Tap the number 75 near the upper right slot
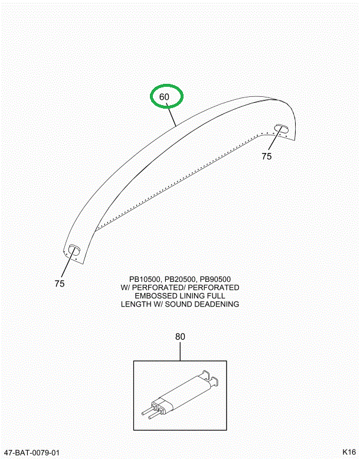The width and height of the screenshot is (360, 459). pyautogui.click(x=266, y=157)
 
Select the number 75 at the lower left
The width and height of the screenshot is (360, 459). pyautogui.click(x=60, y=284)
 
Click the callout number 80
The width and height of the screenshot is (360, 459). pyautogui.click(x=180, y=337)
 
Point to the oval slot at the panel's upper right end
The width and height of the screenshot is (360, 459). pyautogui.click(x=281, y=129)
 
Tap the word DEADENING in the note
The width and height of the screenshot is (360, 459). pyautogui.click(x=217, y=304)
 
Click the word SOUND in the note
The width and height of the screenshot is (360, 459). pyautogui.click(x=178, y=304)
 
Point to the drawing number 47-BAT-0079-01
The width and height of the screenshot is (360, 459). pyautogui.click(x=30, y=453)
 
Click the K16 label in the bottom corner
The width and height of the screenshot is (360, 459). pyautogui.click(x=349, y=452)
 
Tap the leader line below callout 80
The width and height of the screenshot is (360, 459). pyautogui.click(x=180, y=351)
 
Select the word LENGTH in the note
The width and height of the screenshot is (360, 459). pyautogui.click(x=136, y=304)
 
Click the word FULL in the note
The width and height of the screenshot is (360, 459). pyautogui.click(x=216, y=296)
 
